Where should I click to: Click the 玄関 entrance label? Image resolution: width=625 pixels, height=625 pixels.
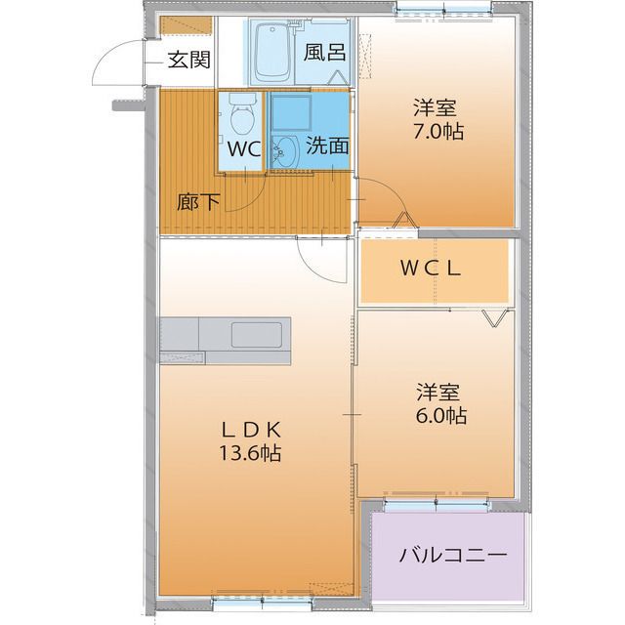(187, 60)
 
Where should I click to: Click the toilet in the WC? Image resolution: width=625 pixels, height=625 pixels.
(242, 120)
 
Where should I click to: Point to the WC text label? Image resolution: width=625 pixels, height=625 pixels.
(243, 149)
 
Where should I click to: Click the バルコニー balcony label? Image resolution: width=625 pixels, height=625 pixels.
(452, 556)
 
